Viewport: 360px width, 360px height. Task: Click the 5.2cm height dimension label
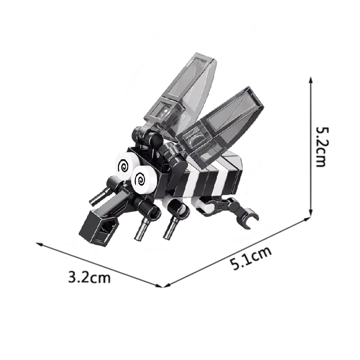pos(321,147)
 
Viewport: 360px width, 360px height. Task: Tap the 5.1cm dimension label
pos(251,258)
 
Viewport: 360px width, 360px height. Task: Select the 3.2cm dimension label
pos(90,277)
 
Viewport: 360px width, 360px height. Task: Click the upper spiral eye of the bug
pos(125,165)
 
